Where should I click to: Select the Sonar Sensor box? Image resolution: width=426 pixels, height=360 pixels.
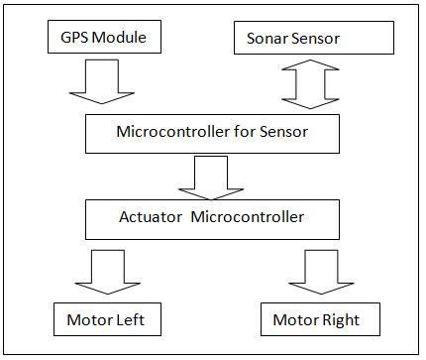[x=314, y=39]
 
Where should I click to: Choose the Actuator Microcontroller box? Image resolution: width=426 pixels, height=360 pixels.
[x=212, y=217]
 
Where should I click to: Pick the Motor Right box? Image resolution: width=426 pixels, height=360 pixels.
[x=316, y=320]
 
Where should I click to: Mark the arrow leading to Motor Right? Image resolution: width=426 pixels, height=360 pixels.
[x=319, y=271]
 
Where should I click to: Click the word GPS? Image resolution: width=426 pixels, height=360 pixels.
[x=74, y=38]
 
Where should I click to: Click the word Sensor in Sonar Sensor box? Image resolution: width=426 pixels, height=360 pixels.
[x=337, y=39]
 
